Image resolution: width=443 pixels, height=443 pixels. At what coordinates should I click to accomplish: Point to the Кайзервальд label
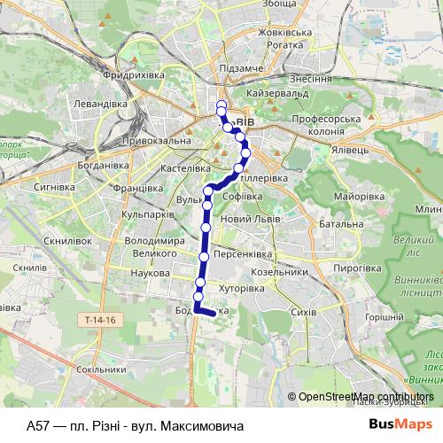coord(279,92)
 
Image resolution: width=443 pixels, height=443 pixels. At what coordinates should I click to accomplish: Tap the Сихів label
coord(303,313)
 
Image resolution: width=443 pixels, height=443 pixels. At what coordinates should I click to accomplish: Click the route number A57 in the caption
coord(38,425)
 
